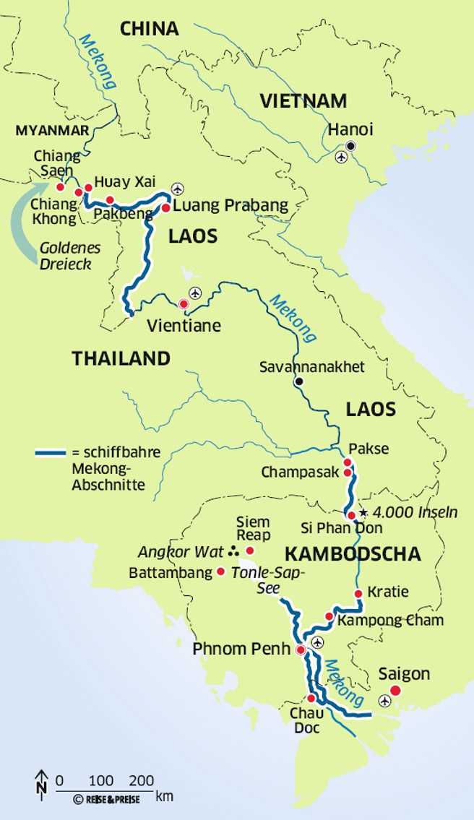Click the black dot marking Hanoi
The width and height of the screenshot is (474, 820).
click(x=350, y=146)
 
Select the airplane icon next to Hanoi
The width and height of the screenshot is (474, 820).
click(x=341, y=157)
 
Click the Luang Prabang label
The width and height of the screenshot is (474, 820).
click(x=230, y=206)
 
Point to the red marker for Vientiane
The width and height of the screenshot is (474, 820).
click(x=184, y=304)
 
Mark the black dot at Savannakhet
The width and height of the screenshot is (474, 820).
click(x=299, y=381)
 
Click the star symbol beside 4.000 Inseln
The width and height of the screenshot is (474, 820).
click(x=363, y=512)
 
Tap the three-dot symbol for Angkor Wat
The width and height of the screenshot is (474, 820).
click(x=233, y=552)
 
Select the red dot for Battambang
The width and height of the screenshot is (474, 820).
click(x=220, y=571)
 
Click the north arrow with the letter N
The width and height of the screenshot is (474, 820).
click(x=40, y=783)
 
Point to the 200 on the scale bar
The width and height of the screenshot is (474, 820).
click(x=143, y=780)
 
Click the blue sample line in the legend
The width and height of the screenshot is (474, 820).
click(x=51, y=454)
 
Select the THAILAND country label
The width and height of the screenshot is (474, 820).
click(x=121, y=358)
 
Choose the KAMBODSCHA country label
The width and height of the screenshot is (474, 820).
click(x=353, y=554)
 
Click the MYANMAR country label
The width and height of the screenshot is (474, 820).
click(x=52, y=130)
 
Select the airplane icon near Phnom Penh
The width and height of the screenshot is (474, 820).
click(x=317, y=642)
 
